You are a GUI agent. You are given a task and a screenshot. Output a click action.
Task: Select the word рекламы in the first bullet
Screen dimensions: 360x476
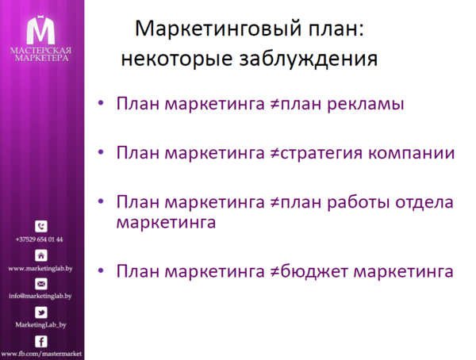361,105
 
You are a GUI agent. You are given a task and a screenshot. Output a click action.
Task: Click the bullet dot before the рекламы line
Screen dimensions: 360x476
100,105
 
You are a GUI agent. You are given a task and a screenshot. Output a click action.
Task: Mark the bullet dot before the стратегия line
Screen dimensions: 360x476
100,153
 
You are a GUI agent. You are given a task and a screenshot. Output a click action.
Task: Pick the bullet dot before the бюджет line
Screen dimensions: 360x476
100,271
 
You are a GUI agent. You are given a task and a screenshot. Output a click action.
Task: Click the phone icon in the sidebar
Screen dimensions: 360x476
41,227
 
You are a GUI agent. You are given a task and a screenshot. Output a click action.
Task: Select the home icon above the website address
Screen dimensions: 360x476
41,255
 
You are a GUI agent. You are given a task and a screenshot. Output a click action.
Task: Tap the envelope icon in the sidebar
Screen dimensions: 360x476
41,284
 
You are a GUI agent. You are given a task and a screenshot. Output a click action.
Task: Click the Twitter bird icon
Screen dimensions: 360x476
41,312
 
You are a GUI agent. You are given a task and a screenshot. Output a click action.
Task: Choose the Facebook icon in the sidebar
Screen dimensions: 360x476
41,341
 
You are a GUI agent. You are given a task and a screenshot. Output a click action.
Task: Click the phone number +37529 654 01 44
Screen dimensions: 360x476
40,239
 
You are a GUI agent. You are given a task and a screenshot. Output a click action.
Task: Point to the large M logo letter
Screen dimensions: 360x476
40,29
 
